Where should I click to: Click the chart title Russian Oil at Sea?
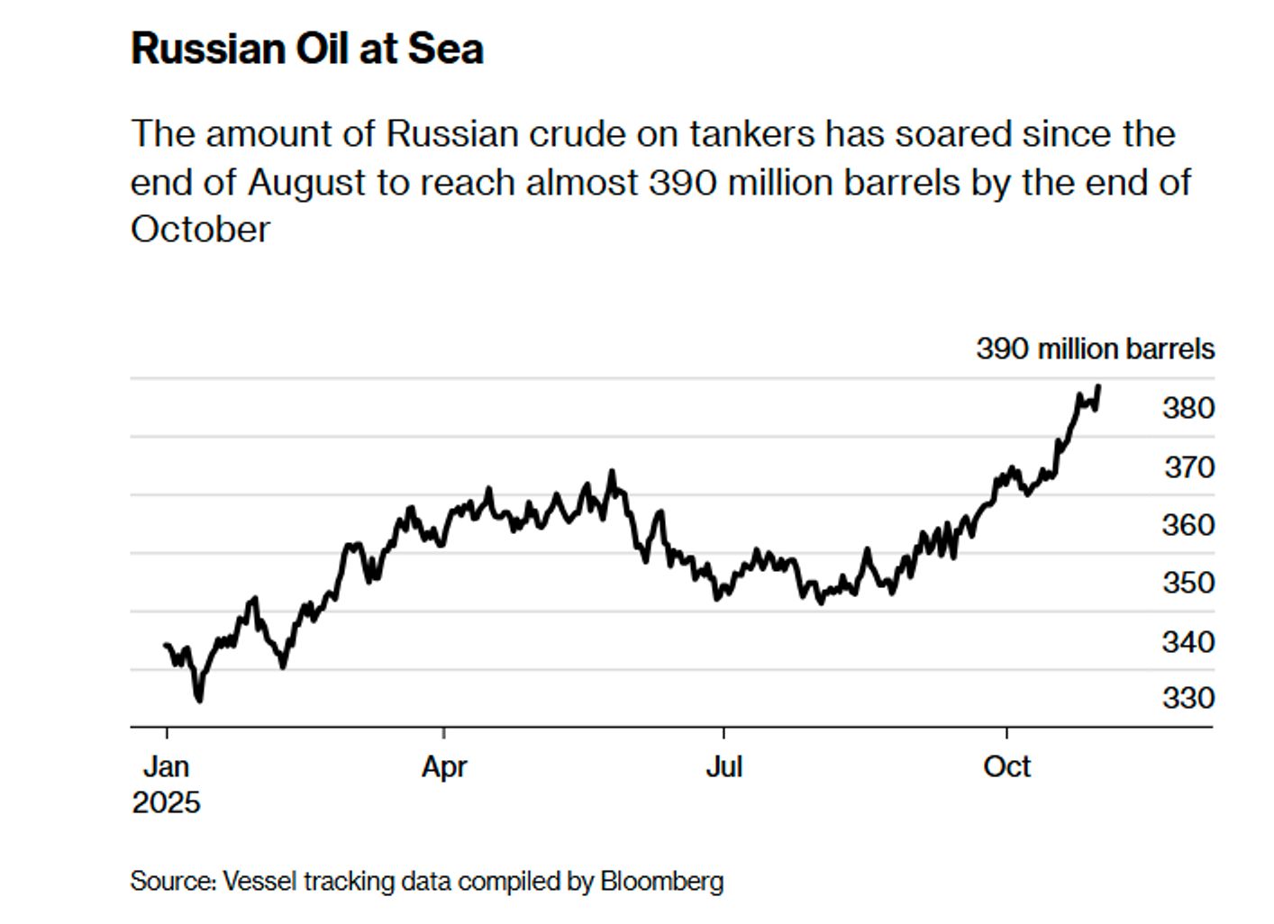point(307,49)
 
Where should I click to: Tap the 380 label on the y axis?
point(1188,408)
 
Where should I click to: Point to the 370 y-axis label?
point(1188,467)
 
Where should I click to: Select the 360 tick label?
point(1188,524)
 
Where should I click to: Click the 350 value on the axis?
point(1188,583)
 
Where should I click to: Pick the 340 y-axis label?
point(1188,642)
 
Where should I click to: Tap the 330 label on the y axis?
point(1188,698)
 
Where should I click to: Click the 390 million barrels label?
point(1095,349)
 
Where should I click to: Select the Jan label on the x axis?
point(167,766)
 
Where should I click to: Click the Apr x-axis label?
point(444,766)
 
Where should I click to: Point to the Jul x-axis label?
point(723,766)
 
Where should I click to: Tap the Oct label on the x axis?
point(1006,766)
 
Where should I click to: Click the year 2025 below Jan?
point(167,802)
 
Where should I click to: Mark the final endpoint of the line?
point(1098,386)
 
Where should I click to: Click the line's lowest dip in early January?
point(199,699)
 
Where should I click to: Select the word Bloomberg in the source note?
point(661,880)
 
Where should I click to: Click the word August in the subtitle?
point(306,182)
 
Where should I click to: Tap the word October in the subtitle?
point(200,230)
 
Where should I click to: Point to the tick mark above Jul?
point(723,732)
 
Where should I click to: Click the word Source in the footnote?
point(172,880)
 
